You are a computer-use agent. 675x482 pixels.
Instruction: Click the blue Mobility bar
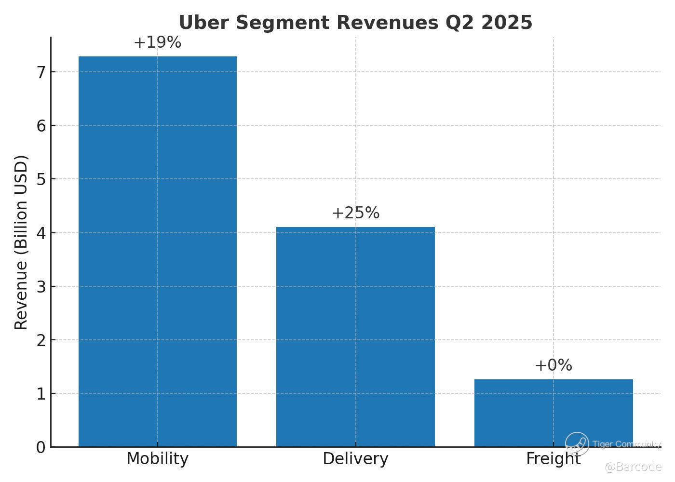point(158,251)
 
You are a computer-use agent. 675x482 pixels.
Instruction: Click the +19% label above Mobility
point(157,42)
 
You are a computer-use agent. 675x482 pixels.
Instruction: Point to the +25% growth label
point(355,213)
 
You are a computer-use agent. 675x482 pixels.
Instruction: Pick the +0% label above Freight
point(553,365)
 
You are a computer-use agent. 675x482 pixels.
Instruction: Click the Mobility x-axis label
point(157,459)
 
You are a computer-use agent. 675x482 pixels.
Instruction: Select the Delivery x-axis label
point(355,459)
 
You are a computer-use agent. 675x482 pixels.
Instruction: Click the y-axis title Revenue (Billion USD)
point(21,242)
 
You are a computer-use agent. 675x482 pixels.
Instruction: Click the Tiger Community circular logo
point(577,444)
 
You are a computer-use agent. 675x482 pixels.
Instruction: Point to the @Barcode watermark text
point(633,467)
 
